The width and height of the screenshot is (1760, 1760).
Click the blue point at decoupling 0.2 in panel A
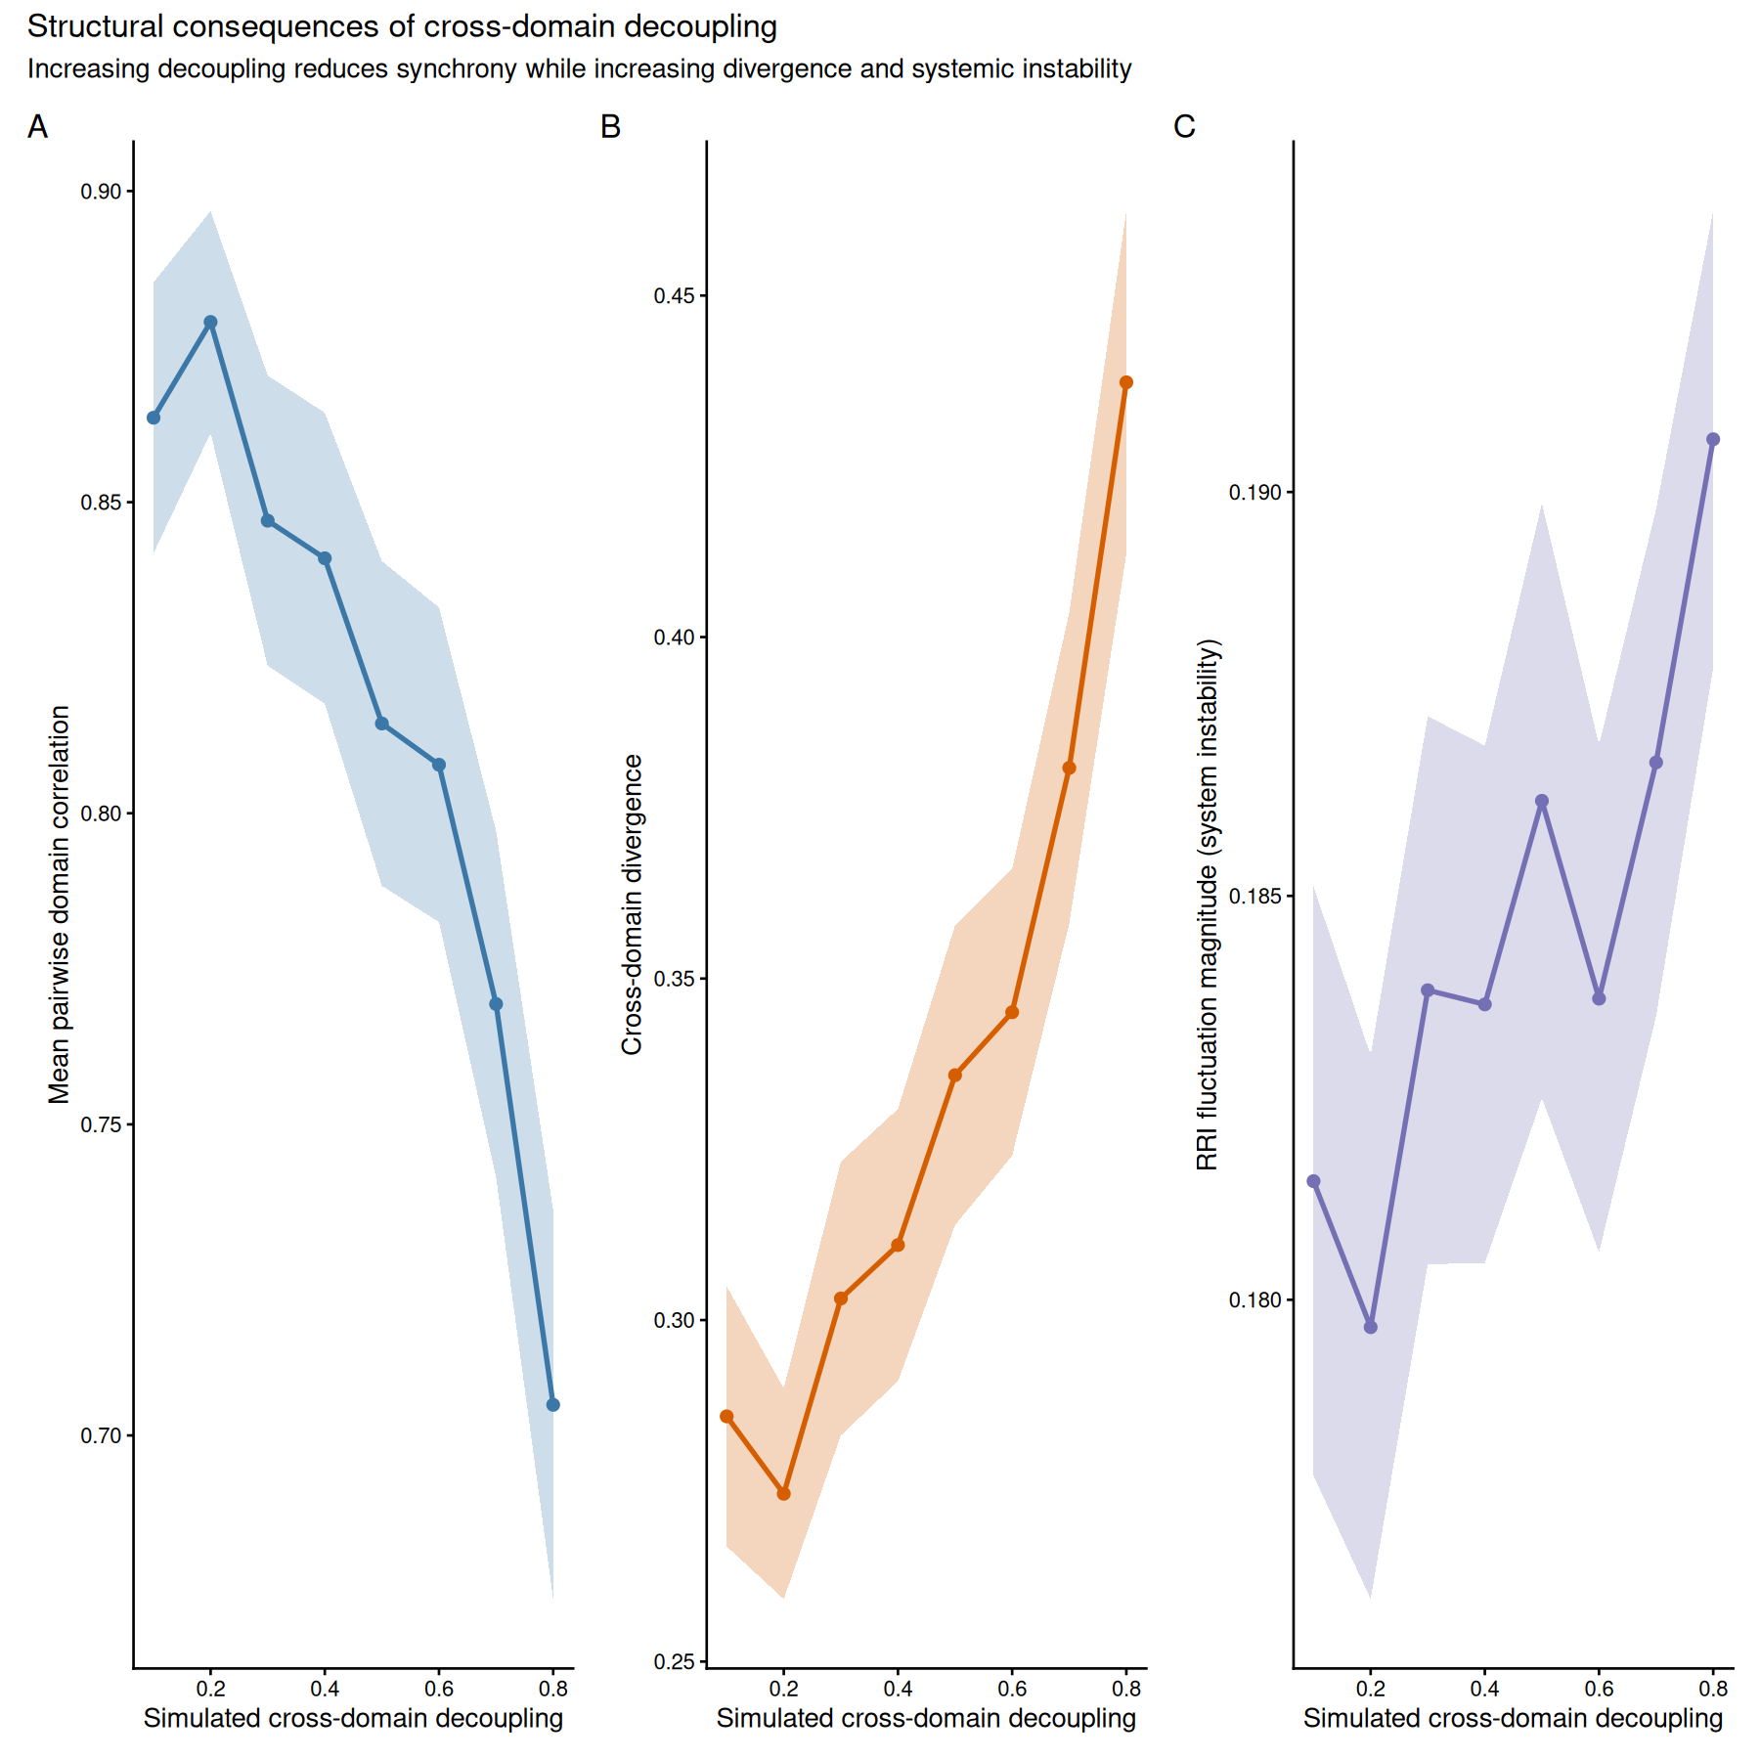pos(210,322)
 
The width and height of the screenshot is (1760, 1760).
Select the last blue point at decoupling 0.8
pos(552,1405)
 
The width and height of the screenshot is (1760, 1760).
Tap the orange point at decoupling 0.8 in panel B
pos(1126,382)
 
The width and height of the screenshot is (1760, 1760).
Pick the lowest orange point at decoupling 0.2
pos(783,1494)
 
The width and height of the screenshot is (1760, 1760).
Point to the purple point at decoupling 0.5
pos(1542,801)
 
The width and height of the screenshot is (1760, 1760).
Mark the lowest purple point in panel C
pos(1371,1327)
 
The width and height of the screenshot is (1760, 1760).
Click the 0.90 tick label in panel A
pos(101,192)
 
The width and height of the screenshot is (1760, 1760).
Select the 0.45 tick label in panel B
pos(675,296)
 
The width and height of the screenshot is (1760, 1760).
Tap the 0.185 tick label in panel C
pos(1254,896)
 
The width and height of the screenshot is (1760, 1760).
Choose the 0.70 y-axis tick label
pos(101,1436)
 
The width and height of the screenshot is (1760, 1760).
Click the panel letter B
pos(611,127)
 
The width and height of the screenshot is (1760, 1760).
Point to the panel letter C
pos(1184,127)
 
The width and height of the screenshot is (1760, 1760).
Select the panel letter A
pos(37,127)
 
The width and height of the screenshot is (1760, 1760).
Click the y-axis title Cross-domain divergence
pos(633,904)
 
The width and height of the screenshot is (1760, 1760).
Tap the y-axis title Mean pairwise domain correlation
pos(60,904)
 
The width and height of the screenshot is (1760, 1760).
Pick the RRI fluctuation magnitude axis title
pos(1208,904)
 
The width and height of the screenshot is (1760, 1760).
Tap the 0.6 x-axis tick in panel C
pos(1599,1689)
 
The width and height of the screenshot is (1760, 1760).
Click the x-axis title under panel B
pos(926,1719)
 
